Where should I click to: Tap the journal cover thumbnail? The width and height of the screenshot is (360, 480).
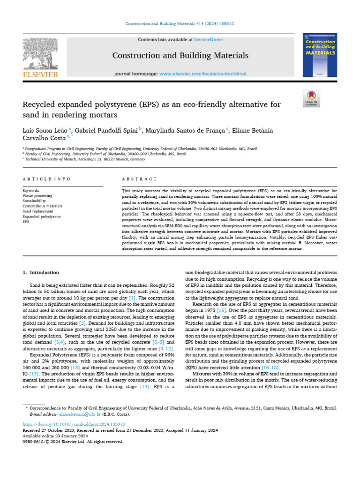coord(320,55)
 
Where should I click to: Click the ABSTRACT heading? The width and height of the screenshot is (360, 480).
coord(139,179)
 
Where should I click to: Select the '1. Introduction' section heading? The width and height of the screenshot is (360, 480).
coord(41,272)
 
